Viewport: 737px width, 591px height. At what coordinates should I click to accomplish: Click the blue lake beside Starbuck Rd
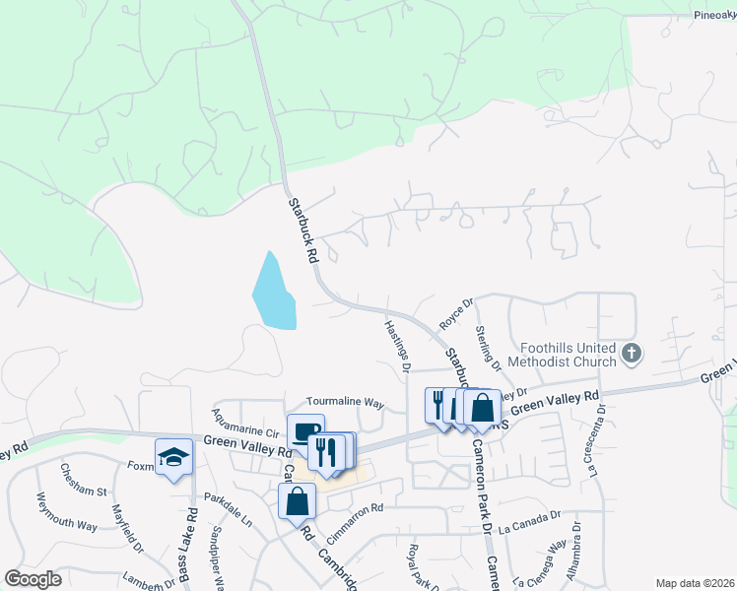point(273,294)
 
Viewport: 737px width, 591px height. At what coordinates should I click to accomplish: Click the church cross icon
point(633,352)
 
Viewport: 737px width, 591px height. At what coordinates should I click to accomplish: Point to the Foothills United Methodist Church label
point(565,353)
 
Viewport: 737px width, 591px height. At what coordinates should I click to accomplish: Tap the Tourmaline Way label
point(344,402)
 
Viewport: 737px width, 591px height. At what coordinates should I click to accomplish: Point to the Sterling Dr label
point(489,348)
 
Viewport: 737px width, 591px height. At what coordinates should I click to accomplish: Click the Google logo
point(33,579)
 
